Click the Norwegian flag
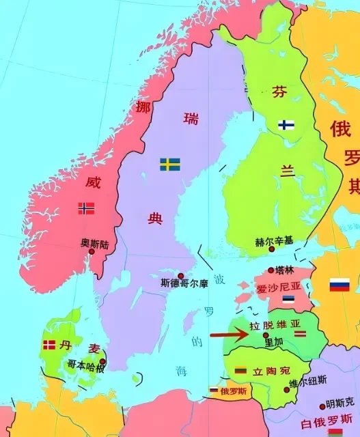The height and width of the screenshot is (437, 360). pos(87,208)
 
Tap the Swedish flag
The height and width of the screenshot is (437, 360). pos(170,165)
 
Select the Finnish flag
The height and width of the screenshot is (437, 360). pos(286,125)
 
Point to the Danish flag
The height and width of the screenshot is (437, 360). pos(49,346)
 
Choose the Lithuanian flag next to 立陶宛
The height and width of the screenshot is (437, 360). pos(240,371)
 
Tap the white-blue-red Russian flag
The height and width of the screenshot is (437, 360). pos(340,285)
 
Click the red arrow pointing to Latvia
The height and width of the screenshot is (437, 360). pos(228,335)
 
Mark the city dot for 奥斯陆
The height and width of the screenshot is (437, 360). pos(92,251)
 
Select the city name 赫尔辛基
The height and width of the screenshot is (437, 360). pos(274,241)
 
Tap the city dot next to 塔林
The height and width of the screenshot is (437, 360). pos(271,270)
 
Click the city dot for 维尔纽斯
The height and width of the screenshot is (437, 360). pos(287,390)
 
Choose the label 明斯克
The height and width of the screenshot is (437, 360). pos(340,405)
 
